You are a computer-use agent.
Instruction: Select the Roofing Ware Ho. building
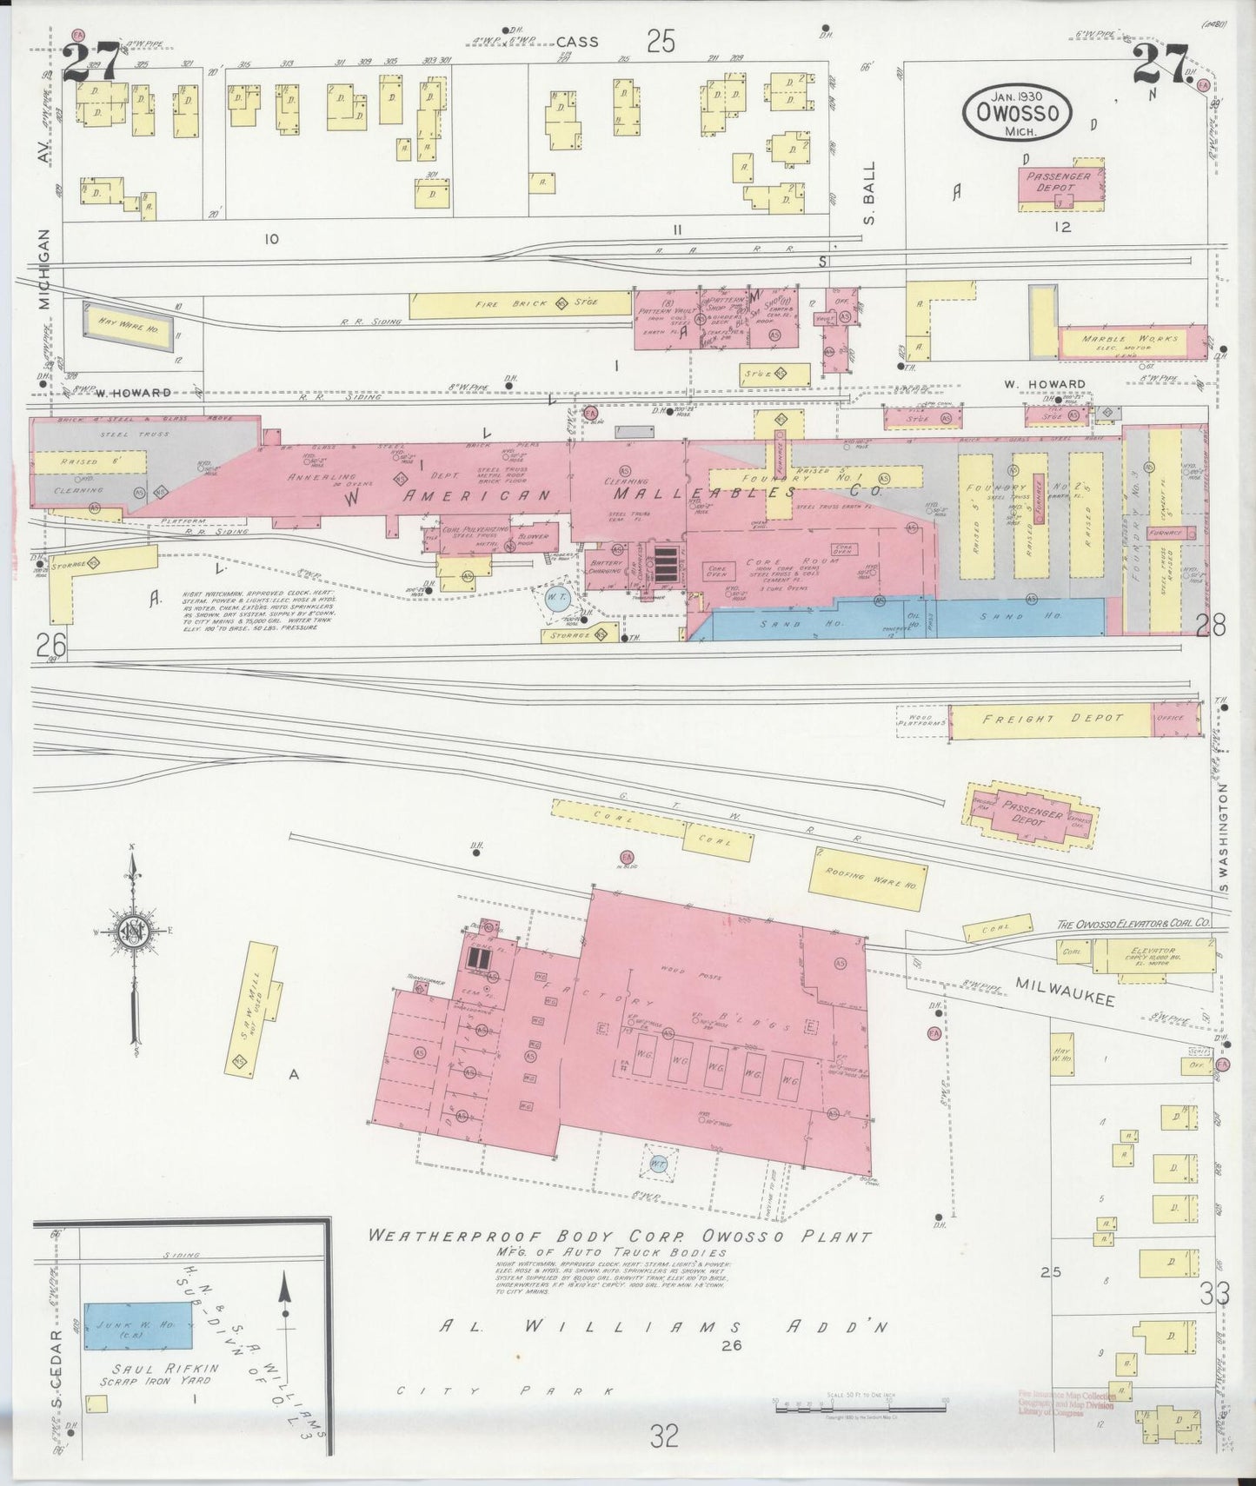pos(866,879)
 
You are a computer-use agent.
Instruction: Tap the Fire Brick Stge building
pos(520,304)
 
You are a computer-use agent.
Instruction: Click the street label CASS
pos(577,41)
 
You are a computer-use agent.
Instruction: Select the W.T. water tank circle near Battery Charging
pos(555,598)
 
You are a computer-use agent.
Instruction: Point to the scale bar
pos(859,1403)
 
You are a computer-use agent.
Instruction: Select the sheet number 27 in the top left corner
pos(90,63)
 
